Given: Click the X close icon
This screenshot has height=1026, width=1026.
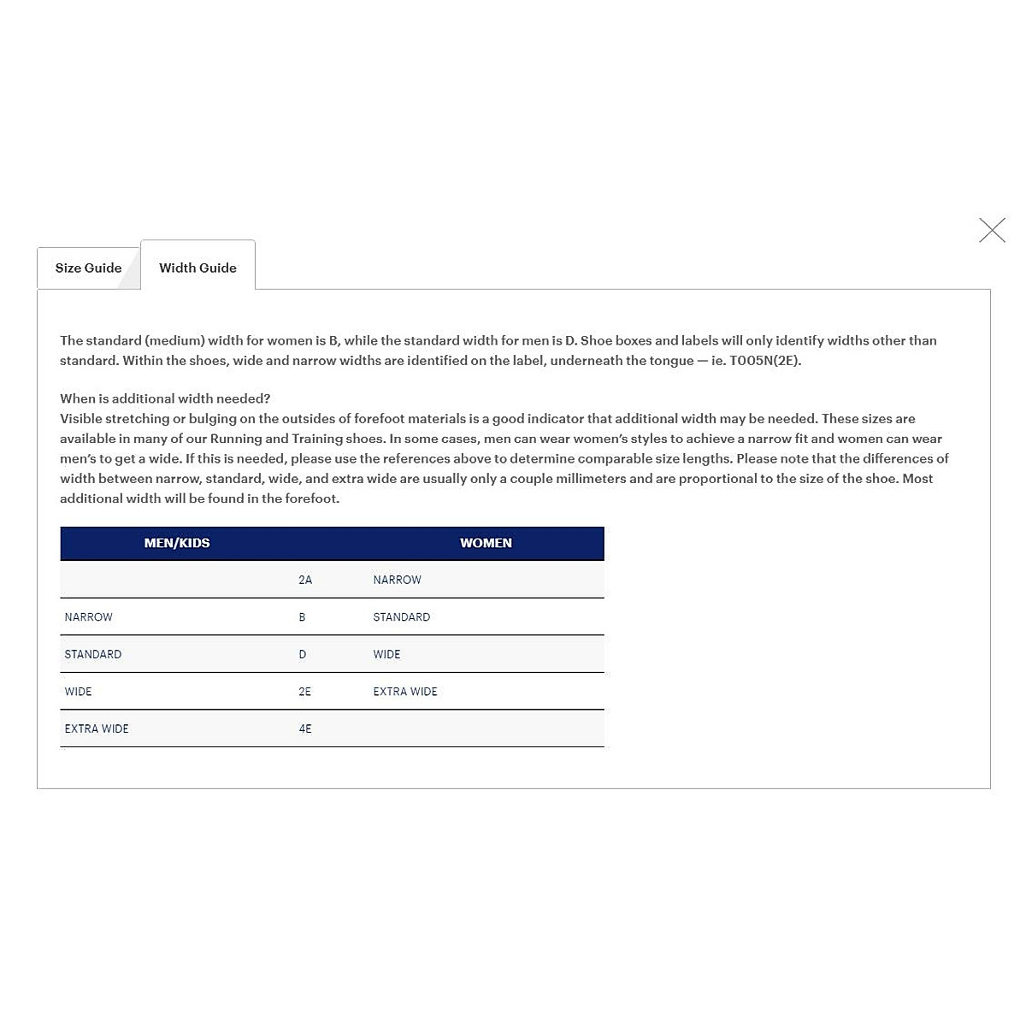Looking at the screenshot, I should (x=992, y=230).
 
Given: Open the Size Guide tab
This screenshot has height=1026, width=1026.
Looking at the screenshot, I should (x=88, y=268).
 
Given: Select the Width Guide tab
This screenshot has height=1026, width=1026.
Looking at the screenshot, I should (x=198, y=268).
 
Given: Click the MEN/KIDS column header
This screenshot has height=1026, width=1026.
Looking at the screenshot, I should (x=177, y=543).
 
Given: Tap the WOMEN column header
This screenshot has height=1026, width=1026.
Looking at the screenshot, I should (x=486, y=543).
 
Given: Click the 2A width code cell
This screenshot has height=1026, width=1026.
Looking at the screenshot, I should (x=305, y=580).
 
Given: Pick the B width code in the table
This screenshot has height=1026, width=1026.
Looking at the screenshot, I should (x=302, y=617).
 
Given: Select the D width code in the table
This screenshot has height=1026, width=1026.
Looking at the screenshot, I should (x=303, y=654).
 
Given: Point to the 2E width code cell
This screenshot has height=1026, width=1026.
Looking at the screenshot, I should (x=305, y=692).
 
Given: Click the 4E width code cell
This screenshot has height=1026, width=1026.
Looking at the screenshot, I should (x=305, y=729).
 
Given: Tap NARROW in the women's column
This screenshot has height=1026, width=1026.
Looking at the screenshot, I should (x=397, y=580).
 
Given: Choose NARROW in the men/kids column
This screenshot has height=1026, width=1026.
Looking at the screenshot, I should (x=88, y=617).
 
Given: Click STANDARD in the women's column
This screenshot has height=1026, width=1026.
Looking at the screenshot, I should (x=401, y=617).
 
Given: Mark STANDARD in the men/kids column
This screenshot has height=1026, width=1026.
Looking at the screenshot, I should (x=92, y=654).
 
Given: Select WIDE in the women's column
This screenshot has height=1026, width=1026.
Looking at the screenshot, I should (x=386, y=654).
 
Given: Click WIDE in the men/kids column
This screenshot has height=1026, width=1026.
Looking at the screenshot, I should (x=78, y=692).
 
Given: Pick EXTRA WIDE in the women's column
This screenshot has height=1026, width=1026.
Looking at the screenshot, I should (x=404, y=692).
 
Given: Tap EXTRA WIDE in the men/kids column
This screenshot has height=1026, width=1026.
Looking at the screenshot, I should (x=97, y=729).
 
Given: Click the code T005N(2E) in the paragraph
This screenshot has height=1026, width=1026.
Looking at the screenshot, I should (x=764, y=361).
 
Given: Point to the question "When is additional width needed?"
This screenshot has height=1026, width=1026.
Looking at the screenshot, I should (x=165, y=398).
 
